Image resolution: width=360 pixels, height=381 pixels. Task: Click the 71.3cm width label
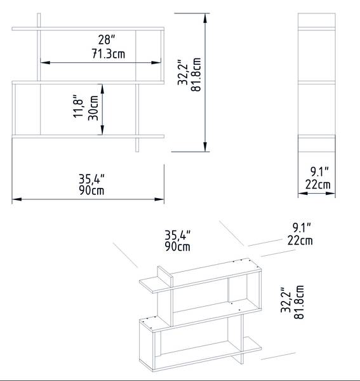109,54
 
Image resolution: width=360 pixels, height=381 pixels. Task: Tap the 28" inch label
107,39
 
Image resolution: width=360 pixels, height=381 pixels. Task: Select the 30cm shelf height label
93,108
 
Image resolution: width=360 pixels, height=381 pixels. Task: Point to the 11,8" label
79,107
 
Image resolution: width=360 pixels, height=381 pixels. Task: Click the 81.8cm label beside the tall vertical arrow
196,74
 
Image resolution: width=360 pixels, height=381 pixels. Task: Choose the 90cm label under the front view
91,190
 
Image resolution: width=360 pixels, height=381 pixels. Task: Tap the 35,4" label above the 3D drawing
178,235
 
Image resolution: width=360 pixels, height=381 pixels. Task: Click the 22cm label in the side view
318,184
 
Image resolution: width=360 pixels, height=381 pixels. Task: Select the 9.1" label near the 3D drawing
302,227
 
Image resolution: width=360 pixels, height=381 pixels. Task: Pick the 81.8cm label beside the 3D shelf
299,302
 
